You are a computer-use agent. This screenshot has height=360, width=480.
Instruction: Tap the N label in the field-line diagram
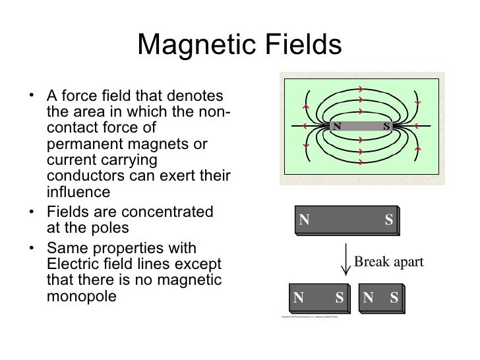coord(337,126)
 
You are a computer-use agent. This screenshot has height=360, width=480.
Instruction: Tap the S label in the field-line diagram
coord(386,126)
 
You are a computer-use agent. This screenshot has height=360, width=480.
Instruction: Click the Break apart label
coord(388,262)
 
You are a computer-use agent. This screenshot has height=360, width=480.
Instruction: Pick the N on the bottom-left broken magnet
coord(299,297)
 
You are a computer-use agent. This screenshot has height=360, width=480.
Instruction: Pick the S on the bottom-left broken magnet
coord(340,297)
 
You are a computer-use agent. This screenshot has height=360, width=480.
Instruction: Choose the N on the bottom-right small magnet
coord(368,297)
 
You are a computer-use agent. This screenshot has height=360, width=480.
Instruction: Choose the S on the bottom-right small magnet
coord(394,297)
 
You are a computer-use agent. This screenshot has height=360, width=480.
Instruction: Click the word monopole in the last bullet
coord(82,296)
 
